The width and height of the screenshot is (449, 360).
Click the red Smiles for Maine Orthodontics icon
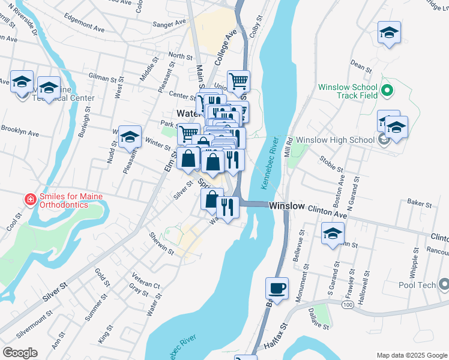(x=29, y=199)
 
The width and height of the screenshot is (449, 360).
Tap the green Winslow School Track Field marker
(x=387, y=91)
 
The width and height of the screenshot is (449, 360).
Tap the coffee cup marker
(x=277, y=289)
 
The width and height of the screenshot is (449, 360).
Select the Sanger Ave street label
(x=170, y=23)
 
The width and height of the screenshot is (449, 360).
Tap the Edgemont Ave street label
(x=86, y=29)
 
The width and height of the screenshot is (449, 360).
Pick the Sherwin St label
(x=161, y=244)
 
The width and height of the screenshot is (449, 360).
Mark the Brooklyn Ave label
(x=20, y=130)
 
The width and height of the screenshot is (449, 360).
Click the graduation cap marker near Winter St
(x=130, y=137)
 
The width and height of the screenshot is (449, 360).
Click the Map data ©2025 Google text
(x=411, y=355)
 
